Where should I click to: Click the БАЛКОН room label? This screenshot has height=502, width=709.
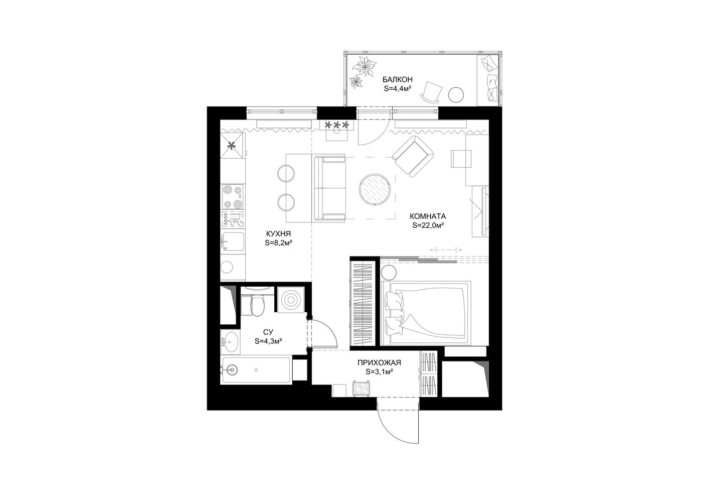(397, 79)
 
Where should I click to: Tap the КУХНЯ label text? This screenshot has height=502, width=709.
(279, 234)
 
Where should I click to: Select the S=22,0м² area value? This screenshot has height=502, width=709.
(428, 225)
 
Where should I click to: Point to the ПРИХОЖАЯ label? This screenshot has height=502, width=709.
(379, 362)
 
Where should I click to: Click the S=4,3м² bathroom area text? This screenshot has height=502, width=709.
(268, 341)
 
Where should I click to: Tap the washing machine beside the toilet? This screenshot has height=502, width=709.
(291, 300)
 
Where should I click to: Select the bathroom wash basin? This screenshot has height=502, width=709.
(231, 342)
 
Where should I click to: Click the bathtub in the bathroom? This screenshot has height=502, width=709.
(256, 370)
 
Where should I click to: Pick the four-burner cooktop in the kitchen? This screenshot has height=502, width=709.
(233, 196)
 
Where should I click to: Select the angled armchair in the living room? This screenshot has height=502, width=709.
(413, 156)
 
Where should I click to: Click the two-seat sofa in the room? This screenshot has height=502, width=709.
(330, 188)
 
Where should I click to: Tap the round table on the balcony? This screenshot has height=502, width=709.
(456, 95)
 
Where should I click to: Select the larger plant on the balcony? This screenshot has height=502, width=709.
(366, 67)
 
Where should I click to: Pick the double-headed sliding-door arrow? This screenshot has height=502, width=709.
(446, 249)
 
